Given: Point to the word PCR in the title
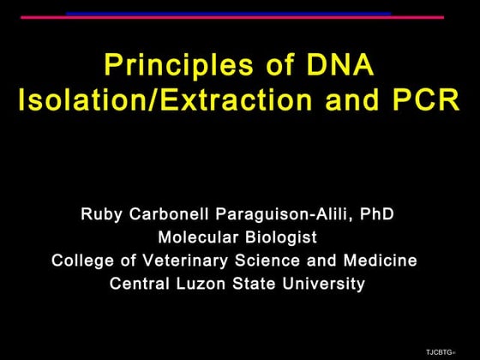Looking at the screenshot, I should pyautogui.click(x=423, y=100).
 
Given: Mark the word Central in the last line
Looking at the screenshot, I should pyautogui.click(x=140, y=284).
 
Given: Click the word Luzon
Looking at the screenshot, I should pyautogui.click(x=203, y=284).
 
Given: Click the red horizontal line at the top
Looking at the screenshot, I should pyautogui.click(x=231, y=17).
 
